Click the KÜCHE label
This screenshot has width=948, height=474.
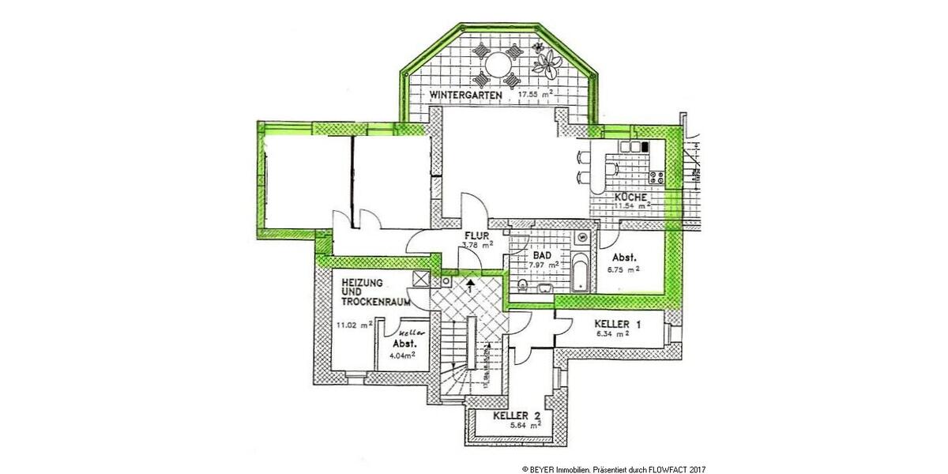tap(631, 197)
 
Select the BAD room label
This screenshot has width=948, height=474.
tap(542, 256)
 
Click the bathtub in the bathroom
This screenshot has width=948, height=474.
tap(580, 273)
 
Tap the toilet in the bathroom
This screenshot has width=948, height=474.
tap(525, 284)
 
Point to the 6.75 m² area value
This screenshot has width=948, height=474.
tap(623, 269)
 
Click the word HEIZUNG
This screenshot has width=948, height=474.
tap(363, 282)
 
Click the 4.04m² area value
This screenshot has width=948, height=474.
tap(402, 355)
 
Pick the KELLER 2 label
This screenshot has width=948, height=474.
tap(516, 416)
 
